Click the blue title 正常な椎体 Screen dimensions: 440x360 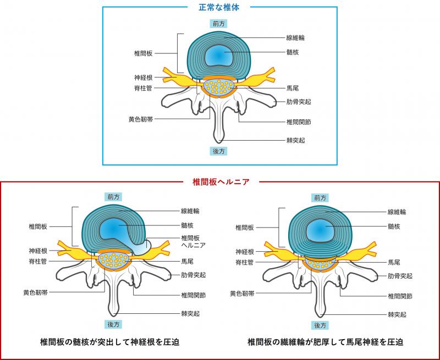pos(219,8)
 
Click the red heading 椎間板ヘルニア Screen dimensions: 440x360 pos(221,182)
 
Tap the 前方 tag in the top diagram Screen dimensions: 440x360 pos(218,24)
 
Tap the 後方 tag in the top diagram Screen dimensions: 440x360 pos(218,151)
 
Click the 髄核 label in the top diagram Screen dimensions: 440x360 pos(293,52)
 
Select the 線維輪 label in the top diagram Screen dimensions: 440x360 pos(295,37)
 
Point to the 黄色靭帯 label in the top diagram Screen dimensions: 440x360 pos(141,119)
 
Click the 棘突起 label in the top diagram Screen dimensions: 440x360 pos(295,141)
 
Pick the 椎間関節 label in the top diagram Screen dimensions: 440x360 pos(299,122)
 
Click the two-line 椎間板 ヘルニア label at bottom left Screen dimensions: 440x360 pos(194,242)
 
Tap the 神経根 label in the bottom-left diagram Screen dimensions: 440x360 pos(38,251)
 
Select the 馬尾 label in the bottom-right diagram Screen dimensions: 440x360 pos(394,262)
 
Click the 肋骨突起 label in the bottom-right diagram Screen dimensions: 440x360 pos(400,276)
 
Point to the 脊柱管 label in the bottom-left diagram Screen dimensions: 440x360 pos(38,262)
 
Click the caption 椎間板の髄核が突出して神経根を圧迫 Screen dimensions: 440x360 pos(110,342)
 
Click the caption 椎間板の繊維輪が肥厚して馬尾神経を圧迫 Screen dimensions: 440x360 pos(326,342)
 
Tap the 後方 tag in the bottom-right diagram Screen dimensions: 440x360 pos(320,325)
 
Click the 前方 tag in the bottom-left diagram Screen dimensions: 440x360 pos(113,197)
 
